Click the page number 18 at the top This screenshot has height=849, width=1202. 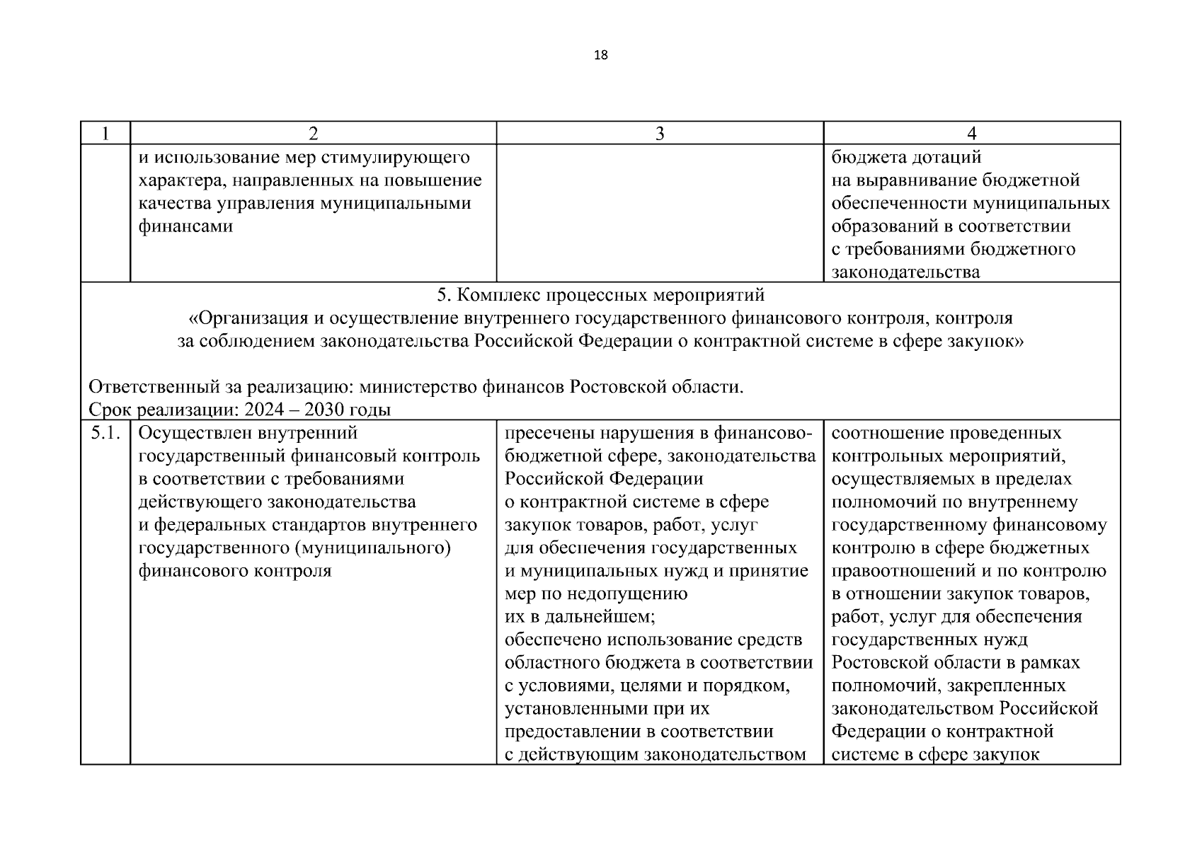click(x=601, y=55)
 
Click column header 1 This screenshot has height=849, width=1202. click(x=105, y=134)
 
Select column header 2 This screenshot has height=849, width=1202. click(x=313, y=134)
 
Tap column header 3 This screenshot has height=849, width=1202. click(x=660, y=134)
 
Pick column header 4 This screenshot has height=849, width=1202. click(x=971, y=134)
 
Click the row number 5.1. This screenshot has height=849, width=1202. click(x=105, y=432)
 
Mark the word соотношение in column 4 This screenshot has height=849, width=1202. click(x=886, y=432)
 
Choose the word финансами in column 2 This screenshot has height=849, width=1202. click(x=185, y=226)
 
